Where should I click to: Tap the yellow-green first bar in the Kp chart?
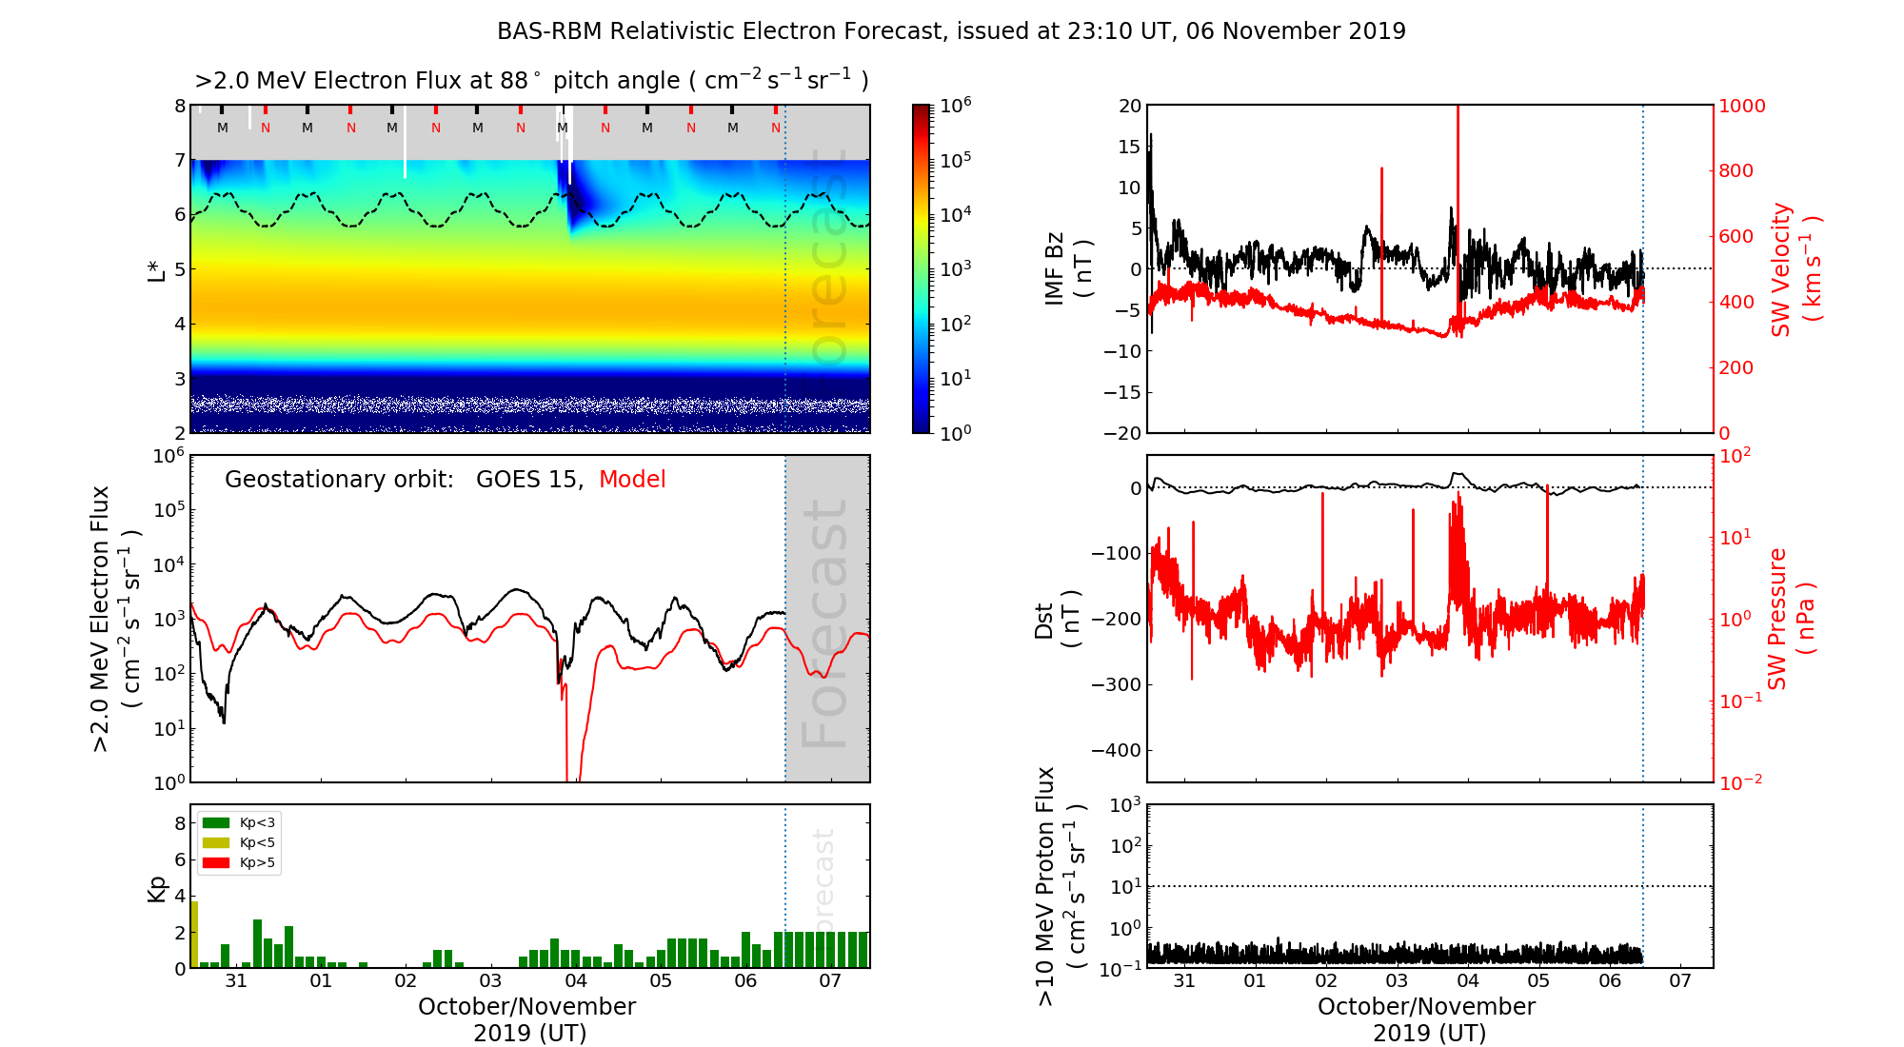(x=194, y=934)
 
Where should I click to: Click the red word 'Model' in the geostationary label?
(x=632, y=480)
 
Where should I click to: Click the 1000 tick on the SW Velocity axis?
(x=1742, y=106)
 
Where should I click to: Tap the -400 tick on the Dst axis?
(x=1117, y=750)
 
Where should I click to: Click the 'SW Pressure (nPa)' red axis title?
(x=1790, y=619)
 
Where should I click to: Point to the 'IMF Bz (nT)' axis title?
(x=1067, y=268)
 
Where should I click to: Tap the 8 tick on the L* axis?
(x=180, y=106)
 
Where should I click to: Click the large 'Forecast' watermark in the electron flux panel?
(x=824, y=623)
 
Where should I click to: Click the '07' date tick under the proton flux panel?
(x=1680, y=981)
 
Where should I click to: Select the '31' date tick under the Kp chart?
(x=236, y=981)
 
